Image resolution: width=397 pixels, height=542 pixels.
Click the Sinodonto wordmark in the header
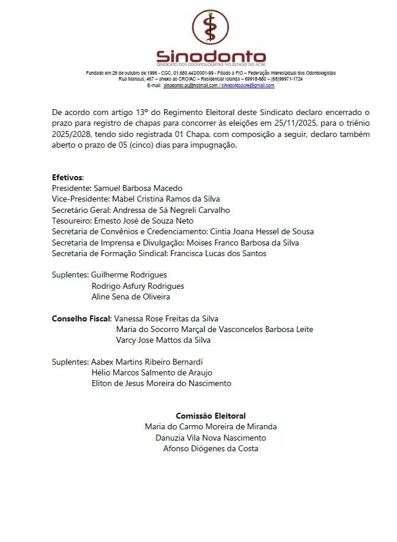point(211,56)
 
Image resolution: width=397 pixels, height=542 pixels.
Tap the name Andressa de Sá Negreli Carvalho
point(171,209)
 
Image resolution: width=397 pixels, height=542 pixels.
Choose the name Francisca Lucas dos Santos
point(218,253)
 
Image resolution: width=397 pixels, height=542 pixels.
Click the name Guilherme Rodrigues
point(129,275)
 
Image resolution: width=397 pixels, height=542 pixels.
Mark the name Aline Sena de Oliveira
point(131,296)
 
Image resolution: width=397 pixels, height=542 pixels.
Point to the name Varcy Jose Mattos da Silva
point(163,340)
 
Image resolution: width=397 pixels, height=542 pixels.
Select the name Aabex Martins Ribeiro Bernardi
point(147,362)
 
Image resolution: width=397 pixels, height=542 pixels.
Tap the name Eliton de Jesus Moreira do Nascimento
point(161,383)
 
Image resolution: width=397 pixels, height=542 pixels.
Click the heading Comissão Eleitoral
point(211,416)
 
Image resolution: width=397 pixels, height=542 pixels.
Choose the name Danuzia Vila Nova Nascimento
point(211,438)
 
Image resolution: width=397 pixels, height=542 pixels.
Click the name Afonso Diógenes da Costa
point(211,448)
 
